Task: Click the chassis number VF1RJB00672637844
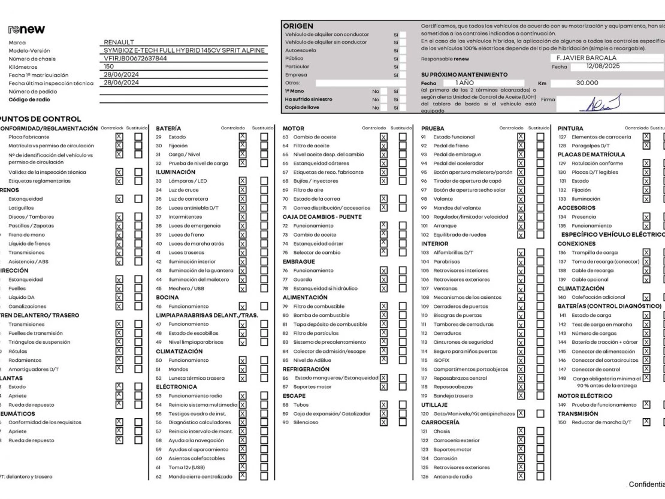click(135, 58)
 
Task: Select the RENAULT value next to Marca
click(119, 42)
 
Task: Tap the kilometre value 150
click(109, 66)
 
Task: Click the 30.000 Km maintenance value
click(587, 83)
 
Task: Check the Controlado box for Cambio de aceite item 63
click(383, 137)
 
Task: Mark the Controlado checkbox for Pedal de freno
click(521, 146)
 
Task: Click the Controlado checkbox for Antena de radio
click(520, 476)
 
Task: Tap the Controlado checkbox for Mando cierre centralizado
click(242, 476)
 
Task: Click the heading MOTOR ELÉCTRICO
click(584, 396)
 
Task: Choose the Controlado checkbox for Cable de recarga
click(646, 270)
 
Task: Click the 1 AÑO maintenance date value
click(465, 83)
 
